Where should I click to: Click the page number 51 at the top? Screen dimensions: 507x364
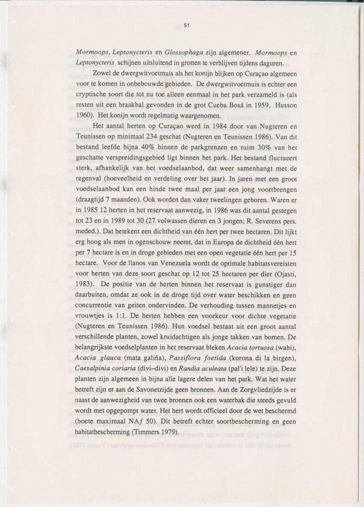[186, 25]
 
